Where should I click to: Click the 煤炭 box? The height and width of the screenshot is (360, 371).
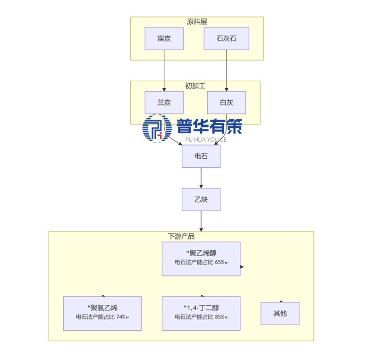164,39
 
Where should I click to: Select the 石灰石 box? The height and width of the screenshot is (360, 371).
226,39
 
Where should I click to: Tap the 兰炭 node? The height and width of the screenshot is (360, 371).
164,103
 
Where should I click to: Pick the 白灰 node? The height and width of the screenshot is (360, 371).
226,103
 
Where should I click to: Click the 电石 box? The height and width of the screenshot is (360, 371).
201,156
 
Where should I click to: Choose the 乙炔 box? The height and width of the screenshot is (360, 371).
201,199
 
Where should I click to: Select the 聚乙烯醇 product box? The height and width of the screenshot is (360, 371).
201,258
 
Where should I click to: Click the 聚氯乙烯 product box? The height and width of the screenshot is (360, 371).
102,313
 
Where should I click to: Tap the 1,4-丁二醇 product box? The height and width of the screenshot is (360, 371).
201,313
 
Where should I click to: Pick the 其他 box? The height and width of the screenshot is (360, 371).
280,313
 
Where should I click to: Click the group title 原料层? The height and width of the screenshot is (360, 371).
197,21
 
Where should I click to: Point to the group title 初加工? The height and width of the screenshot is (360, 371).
195,86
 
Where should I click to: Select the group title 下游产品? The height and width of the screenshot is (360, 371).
181,236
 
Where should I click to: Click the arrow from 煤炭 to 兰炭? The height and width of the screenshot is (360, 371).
164,71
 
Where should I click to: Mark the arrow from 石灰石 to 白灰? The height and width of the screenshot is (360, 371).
227,71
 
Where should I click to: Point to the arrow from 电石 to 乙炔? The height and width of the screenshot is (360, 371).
201,178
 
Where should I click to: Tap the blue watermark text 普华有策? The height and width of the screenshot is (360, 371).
209,126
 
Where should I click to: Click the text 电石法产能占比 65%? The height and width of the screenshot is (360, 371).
201,263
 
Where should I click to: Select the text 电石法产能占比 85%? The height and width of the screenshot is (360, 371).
201,317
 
